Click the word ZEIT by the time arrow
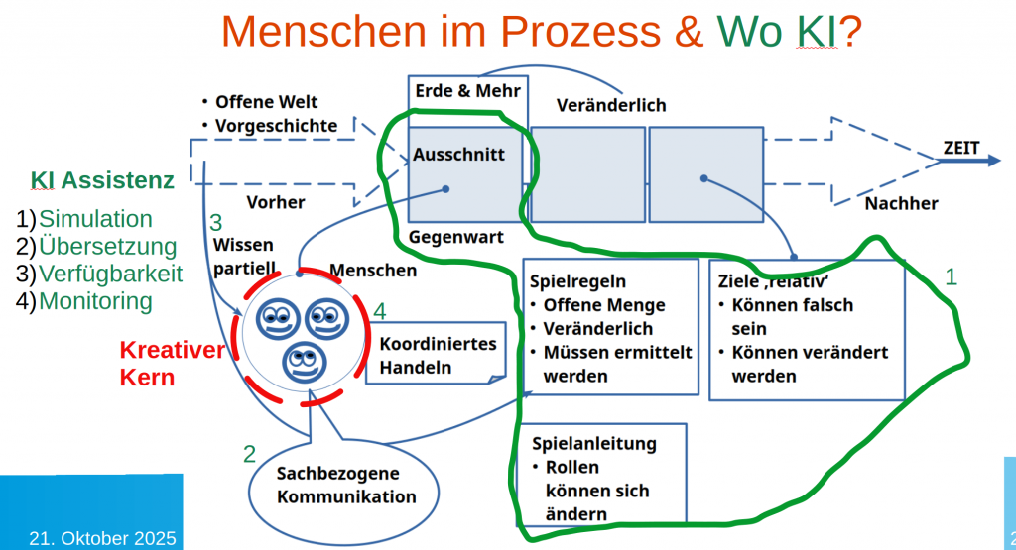point(960,149)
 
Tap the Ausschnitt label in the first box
point(458,155)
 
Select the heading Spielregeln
point(578,281)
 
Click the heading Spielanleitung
point(594,442)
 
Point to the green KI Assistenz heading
point(102,180)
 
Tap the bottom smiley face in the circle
point(303,364)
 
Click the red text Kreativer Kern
point(158,363)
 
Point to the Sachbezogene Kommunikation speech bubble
point(331,486)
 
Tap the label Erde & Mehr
point(453,91)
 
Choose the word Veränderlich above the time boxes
point(611,105)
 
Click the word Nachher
point(901,203)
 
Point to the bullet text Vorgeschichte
point(276,126)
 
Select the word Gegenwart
point(456,237)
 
